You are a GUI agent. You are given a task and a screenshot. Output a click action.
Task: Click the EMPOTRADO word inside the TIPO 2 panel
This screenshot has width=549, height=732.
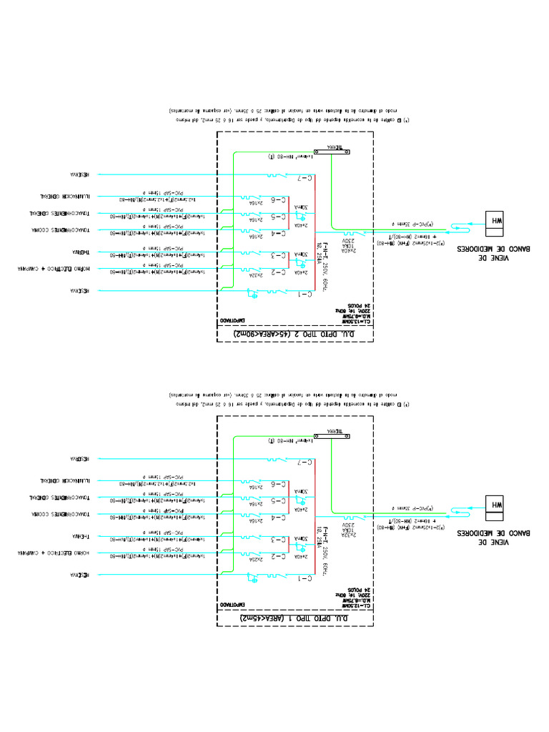click(x=233, y=320)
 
